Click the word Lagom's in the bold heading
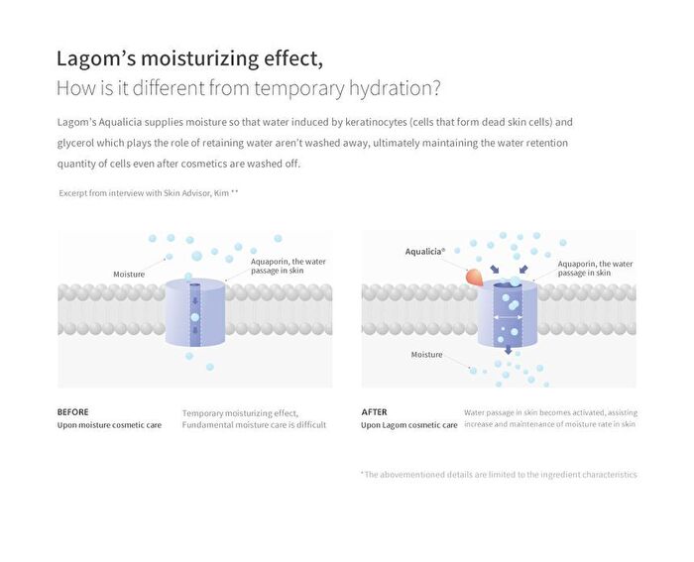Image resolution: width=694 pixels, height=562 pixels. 96,58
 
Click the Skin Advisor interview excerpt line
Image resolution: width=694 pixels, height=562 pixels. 149,193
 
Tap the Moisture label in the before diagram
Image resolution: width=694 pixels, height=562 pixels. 129,275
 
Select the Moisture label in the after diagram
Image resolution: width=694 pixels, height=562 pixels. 426,355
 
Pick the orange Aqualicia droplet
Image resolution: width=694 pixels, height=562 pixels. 475,278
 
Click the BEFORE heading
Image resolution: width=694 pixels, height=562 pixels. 73,412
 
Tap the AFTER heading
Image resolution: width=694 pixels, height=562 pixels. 375,412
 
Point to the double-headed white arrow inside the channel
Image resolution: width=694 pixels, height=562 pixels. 508,317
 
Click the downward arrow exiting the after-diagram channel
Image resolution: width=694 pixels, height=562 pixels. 508,350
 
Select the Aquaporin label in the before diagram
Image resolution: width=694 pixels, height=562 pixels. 289,266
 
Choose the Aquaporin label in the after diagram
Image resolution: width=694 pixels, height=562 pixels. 595,269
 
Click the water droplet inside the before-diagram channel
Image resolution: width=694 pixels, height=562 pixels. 195,317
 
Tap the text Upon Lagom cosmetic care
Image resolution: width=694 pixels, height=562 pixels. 408,425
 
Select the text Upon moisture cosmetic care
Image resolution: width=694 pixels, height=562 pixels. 109,425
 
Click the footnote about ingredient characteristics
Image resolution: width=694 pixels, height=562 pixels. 499,475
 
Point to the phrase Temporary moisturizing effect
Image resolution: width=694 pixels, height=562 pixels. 240,413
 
